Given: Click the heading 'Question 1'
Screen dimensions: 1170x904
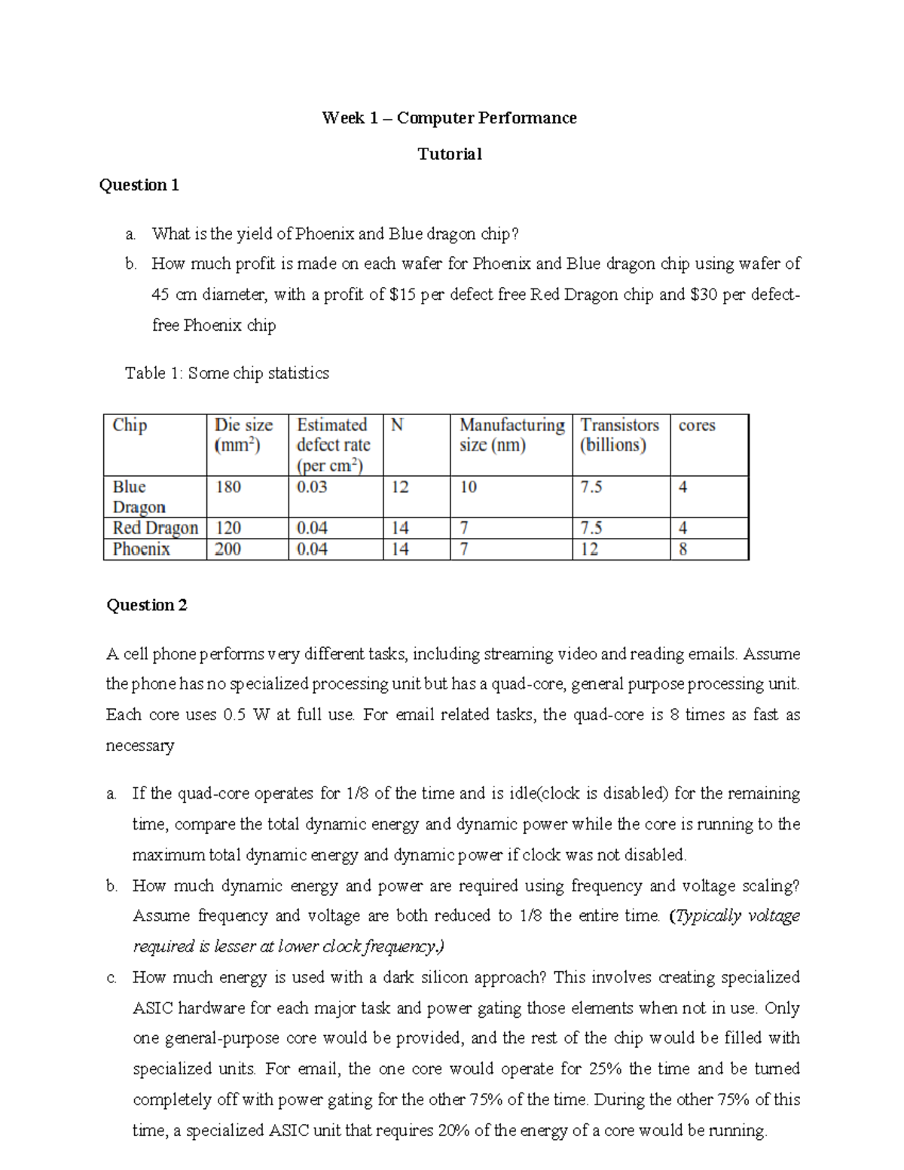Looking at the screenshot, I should (139, 185).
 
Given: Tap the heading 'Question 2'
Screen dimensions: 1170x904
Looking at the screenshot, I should (147, 605).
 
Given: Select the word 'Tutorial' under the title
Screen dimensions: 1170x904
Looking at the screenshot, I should (450, 154).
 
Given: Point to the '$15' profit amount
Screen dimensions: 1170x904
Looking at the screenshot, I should (402, 295).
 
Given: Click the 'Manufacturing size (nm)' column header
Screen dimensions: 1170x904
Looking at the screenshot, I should (512, 435).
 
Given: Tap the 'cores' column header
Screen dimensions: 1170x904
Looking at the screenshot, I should (697, 426).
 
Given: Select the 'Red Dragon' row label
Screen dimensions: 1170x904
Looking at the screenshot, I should (155, 528).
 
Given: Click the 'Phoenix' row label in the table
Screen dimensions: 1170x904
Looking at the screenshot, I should (142, 549).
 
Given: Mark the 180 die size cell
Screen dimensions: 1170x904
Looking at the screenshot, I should (228, 487).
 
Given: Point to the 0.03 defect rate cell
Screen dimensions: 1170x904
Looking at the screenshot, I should (312, 487).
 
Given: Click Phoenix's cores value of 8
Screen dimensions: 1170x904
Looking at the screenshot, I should (683, 549).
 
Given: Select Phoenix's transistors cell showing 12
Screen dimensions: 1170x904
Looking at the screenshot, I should (589, 549).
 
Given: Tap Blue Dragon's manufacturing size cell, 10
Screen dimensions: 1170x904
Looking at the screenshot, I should (469, 487).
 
